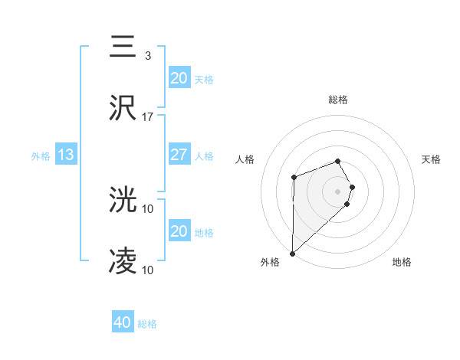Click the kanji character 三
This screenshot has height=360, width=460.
pyautogui.click(x=123, y=47)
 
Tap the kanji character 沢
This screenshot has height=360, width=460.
pyautogui.click(x=123, y=108)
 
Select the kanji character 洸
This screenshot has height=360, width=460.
pyautogui.click(x=123, y=201)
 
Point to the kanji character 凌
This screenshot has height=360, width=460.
pyautogui.click(x=123, y=262)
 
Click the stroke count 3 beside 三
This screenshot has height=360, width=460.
pyautogui.click(x=147, y=56)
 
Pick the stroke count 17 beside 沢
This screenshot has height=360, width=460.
pyautogui.click(x=148, y=117)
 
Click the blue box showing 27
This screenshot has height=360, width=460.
pyautogui.click(x=179, y=155)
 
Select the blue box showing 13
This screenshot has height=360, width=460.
pyautogui.click(x=66, y=155)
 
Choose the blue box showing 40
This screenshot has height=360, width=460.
pyautogui.click(x=123, y=322)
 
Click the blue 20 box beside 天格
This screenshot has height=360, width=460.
pyautogui.click(x=179, y=78)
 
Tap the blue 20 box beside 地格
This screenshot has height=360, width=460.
pyautogui.click(x=179, y=231)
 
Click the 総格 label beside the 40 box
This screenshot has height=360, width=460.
pyautogui.click(x=147, y=324)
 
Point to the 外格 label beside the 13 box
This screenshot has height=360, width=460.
pyautogui.click(x=41, y=156)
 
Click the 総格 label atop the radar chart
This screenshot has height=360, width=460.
pyautogui.click(x=338, y=100)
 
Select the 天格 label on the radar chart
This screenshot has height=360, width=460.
pyautogui.click(x=432, y=159)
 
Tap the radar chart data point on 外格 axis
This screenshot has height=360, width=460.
pyautogui.click(x=293, y=253)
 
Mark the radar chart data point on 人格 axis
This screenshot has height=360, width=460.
pyautogui.click(x=294, y=178)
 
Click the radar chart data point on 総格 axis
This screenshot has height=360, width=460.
pyautogui.click(x=338, y=161)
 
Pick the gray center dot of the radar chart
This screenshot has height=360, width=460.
pyautogui.click(x=338, y=191)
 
